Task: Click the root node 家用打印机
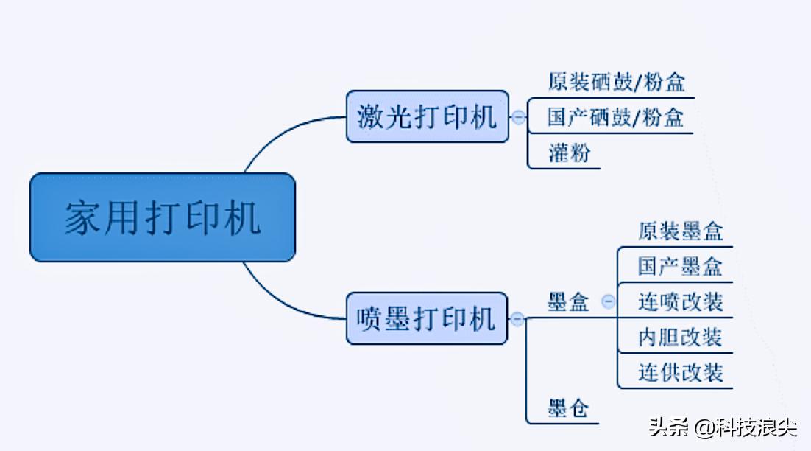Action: click(x=162, y=218)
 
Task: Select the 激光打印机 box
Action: click(x=427, y=116)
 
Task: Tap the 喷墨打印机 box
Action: click(x=427, y=318)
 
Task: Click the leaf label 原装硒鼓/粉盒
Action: click(x=617, y=82)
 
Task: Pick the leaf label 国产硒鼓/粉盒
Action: click(x=616, y=118)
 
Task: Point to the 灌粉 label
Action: click(x=569, y=153)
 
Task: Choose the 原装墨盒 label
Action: click(x=680, y=231)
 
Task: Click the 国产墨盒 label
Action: click(x=680, y=266)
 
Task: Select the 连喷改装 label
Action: click(x=680, y=301)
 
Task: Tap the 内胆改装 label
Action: click(x=680, y=337)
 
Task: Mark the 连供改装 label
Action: click(x=680, y=372)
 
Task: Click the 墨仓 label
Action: click(x=568, y=408)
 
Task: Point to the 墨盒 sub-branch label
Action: click(x=568, y=301)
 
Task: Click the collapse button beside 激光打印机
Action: click(x=519, y=116)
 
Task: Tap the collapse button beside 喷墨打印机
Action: click(x=517, y=319)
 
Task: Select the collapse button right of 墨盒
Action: click(x=608, y=301)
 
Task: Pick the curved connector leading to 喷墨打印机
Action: click(x=280, y=301)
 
